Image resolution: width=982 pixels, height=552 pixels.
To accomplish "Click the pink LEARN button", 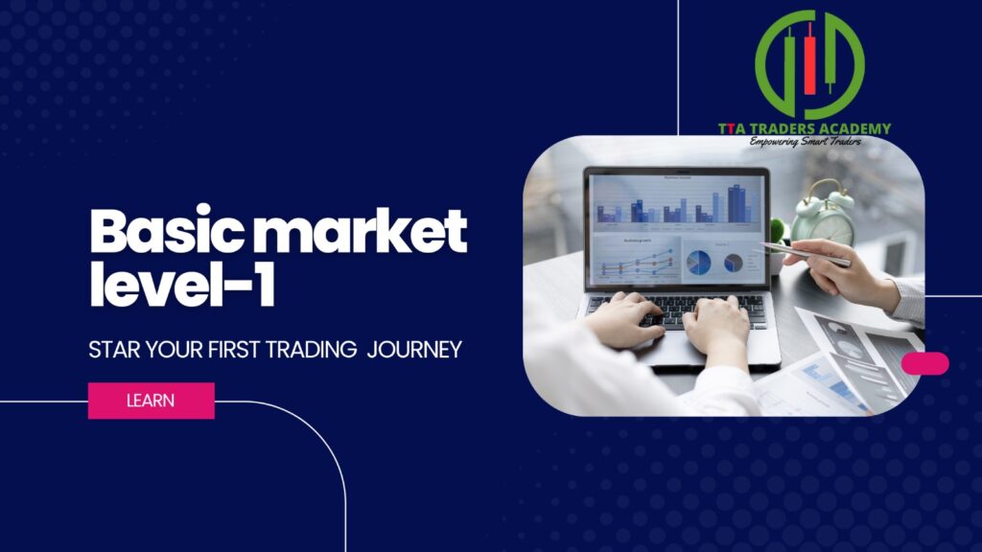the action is pos(151,401).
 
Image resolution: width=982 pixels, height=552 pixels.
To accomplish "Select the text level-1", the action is pos(182,283).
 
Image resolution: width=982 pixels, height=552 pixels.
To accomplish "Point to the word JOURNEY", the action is pos(414,349).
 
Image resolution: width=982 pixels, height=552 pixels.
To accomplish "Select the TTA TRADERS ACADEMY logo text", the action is pos(805,128).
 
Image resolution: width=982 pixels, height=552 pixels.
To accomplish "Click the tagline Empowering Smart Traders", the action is pos(806,142).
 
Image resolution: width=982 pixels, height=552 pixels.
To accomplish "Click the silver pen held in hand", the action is pos(806,253).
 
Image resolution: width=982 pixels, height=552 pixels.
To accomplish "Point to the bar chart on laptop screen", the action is pos(678,204).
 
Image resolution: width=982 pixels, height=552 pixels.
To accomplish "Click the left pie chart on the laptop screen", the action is pos(698,262).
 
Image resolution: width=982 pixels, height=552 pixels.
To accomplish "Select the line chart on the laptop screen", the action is pos(637,262).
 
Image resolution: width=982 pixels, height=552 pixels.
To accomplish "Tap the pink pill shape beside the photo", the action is pos(925,363).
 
